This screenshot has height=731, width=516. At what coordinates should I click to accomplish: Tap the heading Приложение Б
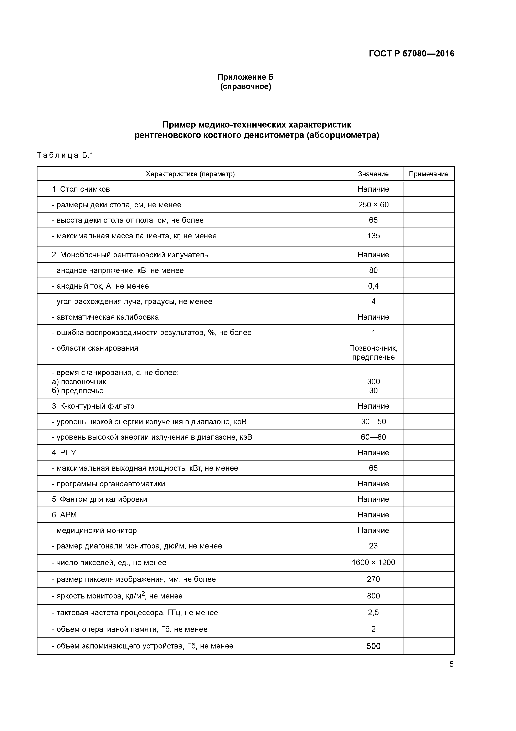(x=246, y=77)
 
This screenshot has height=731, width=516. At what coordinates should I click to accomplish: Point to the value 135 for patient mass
(x=373, y=236)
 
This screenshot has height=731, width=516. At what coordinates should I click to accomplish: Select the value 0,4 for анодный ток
(x=373, y=286)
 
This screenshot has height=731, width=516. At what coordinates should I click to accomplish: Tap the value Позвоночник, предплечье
(x=373, y=352)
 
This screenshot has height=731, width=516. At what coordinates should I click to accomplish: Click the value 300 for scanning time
(x=373, y=381)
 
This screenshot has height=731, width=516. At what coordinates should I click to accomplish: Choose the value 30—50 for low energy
(x=373, y=422)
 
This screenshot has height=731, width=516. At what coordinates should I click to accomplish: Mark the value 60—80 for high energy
(x=373, y=437)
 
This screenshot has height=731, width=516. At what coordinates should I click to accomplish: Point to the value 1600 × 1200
(x=373, y=563)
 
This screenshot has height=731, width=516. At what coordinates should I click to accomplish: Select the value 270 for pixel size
(x=373, y=579)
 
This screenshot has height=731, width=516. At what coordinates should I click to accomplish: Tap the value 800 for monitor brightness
(x=373, y=596)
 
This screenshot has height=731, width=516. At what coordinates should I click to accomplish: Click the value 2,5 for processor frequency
(x=373, y=613)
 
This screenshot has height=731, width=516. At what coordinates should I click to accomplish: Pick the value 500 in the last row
(x=373, y=646)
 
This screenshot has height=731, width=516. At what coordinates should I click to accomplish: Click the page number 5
(x=451, y=664)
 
